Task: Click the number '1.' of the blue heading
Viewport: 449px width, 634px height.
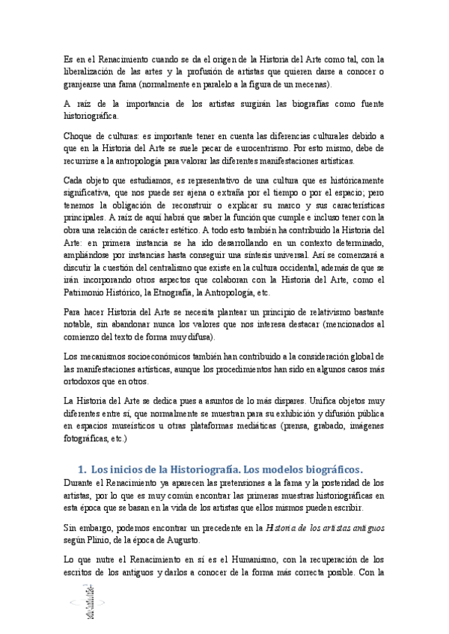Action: pos(82,470)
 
